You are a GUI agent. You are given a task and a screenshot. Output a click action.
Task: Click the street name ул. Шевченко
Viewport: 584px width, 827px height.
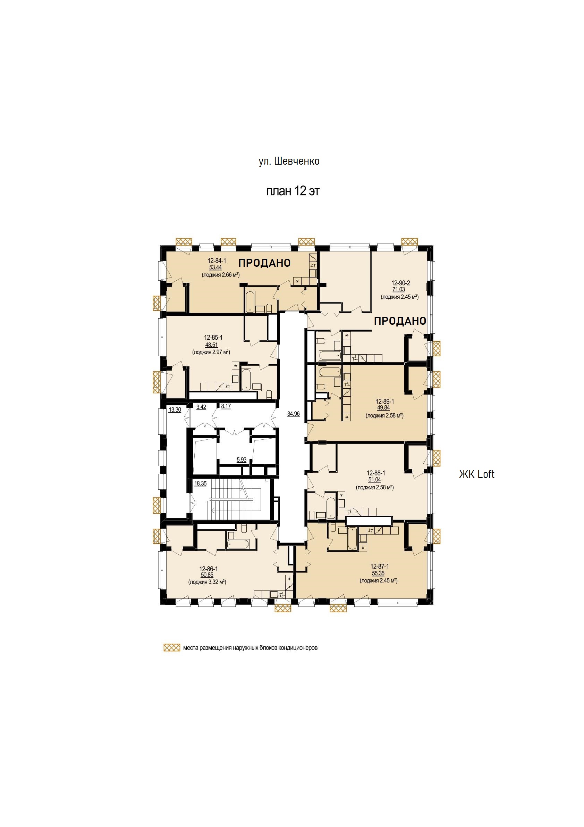[x=289, y=161]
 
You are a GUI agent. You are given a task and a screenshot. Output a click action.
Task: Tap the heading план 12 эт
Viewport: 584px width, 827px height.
[x=293, y=191]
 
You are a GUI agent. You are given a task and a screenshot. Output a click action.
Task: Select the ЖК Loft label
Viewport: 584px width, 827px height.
[x=476, y=474]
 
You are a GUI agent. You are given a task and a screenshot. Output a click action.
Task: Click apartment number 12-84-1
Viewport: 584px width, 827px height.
[x=217, y=261]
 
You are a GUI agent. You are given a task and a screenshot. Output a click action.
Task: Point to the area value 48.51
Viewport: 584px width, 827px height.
[x=212, y=345]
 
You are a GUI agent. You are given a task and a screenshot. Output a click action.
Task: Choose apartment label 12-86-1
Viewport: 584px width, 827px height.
[x=208, y=569]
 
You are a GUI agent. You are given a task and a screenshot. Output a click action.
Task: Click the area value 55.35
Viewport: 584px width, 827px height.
[x=379, y=573]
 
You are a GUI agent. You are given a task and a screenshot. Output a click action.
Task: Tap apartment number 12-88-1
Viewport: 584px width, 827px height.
[x=376, y=473]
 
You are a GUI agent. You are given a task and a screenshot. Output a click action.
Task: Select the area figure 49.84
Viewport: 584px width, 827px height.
[x=383, y=408]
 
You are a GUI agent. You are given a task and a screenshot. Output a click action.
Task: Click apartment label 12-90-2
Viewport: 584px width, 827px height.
[x=400, y=283]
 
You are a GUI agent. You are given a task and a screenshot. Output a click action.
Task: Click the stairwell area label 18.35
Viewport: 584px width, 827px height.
[x=201, y=484]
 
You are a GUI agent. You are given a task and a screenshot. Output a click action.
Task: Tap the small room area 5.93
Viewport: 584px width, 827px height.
[x=242, y=460]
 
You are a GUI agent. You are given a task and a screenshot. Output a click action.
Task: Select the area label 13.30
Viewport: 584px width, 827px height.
[x=175, y=410]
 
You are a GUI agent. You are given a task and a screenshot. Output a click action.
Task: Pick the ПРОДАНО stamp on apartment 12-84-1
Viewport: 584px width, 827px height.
[x=264, y=263]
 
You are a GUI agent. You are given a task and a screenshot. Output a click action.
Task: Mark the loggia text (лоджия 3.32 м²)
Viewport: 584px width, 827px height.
[x=207, y=582]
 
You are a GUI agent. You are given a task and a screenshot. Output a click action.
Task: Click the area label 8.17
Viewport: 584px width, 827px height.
[x=226, y=406]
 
